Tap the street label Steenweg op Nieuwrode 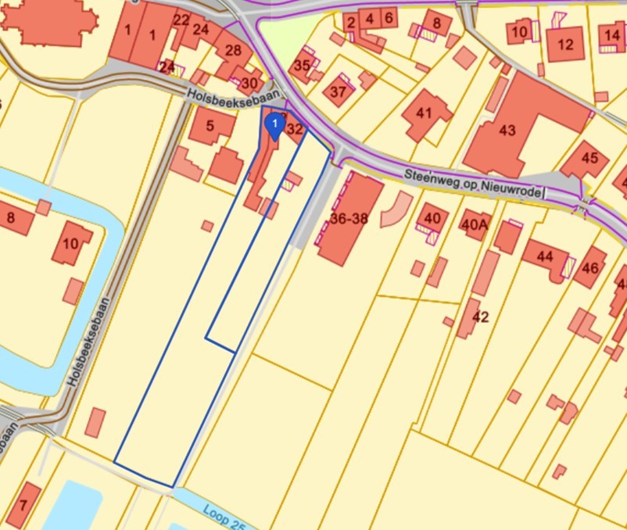pyautogui.click(x=474, y=184)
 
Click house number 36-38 pyautogui.click(x=349, y=220)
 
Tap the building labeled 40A pyautogui.click(x=474, y=224)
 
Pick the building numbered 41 pyautogui.click(x=424, y=113)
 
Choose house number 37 pyautogui.click(x=338, y=91)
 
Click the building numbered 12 pyautogui.click(x=566, y=44)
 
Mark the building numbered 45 pyautogui.click(x=589, y=159)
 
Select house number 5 pyautogui.click(x=210, y=125)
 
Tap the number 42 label pyautogui.click(x=481, y=317)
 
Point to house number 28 pyautogui.click(x=233, y=51)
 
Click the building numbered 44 pyautogui.click(x=544, y=256)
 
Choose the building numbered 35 pyautogui.click(x=301, y=66)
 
